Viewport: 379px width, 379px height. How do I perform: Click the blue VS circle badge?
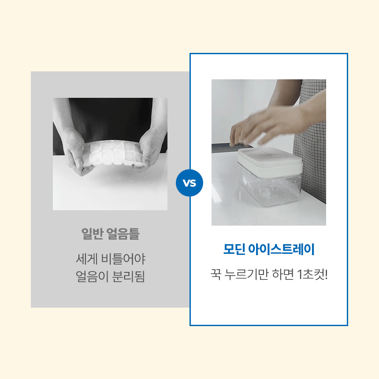(189, 183)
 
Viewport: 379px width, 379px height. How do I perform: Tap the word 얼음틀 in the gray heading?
(123, 234)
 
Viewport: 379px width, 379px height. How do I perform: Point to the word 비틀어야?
(123, 259)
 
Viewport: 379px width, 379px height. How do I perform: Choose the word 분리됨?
(129, 276)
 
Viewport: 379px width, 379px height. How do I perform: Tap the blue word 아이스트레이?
(281, 249)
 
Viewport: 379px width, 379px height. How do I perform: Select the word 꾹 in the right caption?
(216, 275)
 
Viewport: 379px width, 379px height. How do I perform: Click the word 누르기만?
(246, 275)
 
